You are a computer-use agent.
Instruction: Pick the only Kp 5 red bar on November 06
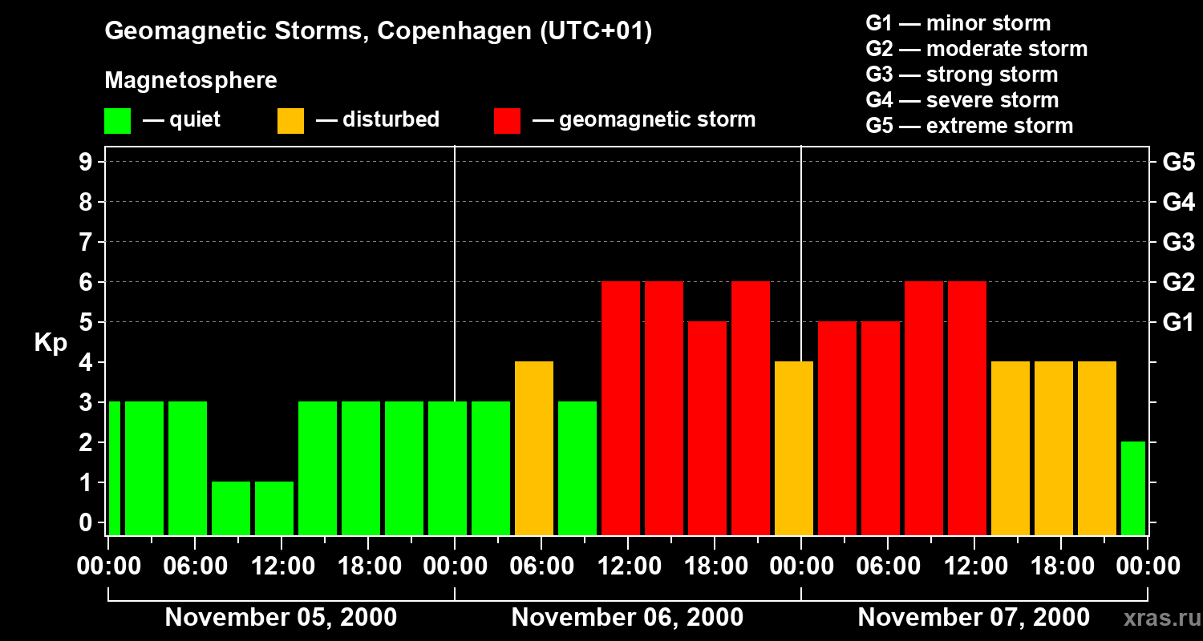tap(707, 428)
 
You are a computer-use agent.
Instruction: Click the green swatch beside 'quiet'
tap(117, 121)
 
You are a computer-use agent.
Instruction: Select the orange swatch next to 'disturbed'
tap(290, 121)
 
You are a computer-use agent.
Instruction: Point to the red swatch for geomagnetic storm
tap(508, 121)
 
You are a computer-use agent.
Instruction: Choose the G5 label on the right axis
tap(1178, 163)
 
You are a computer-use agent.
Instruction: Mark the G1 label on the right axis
tap(1178, 323)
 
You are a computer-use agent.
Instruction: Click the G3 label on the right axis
tap(1178, 243)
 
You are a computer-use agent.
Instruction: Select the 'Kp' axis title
tap(51, 343)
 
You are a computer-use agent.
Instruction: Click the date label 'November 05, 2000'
tap(281, 618)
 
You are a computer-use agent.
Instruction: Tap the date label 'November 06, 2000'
tap(627, 618)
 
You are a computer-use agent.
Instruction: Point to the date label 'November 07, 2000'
tap(974, 618)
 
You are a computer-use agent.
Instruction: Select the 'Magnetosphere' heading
tap(191, 81)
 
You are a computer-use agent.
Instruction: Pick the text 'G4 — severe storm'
tap(962, 100)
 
